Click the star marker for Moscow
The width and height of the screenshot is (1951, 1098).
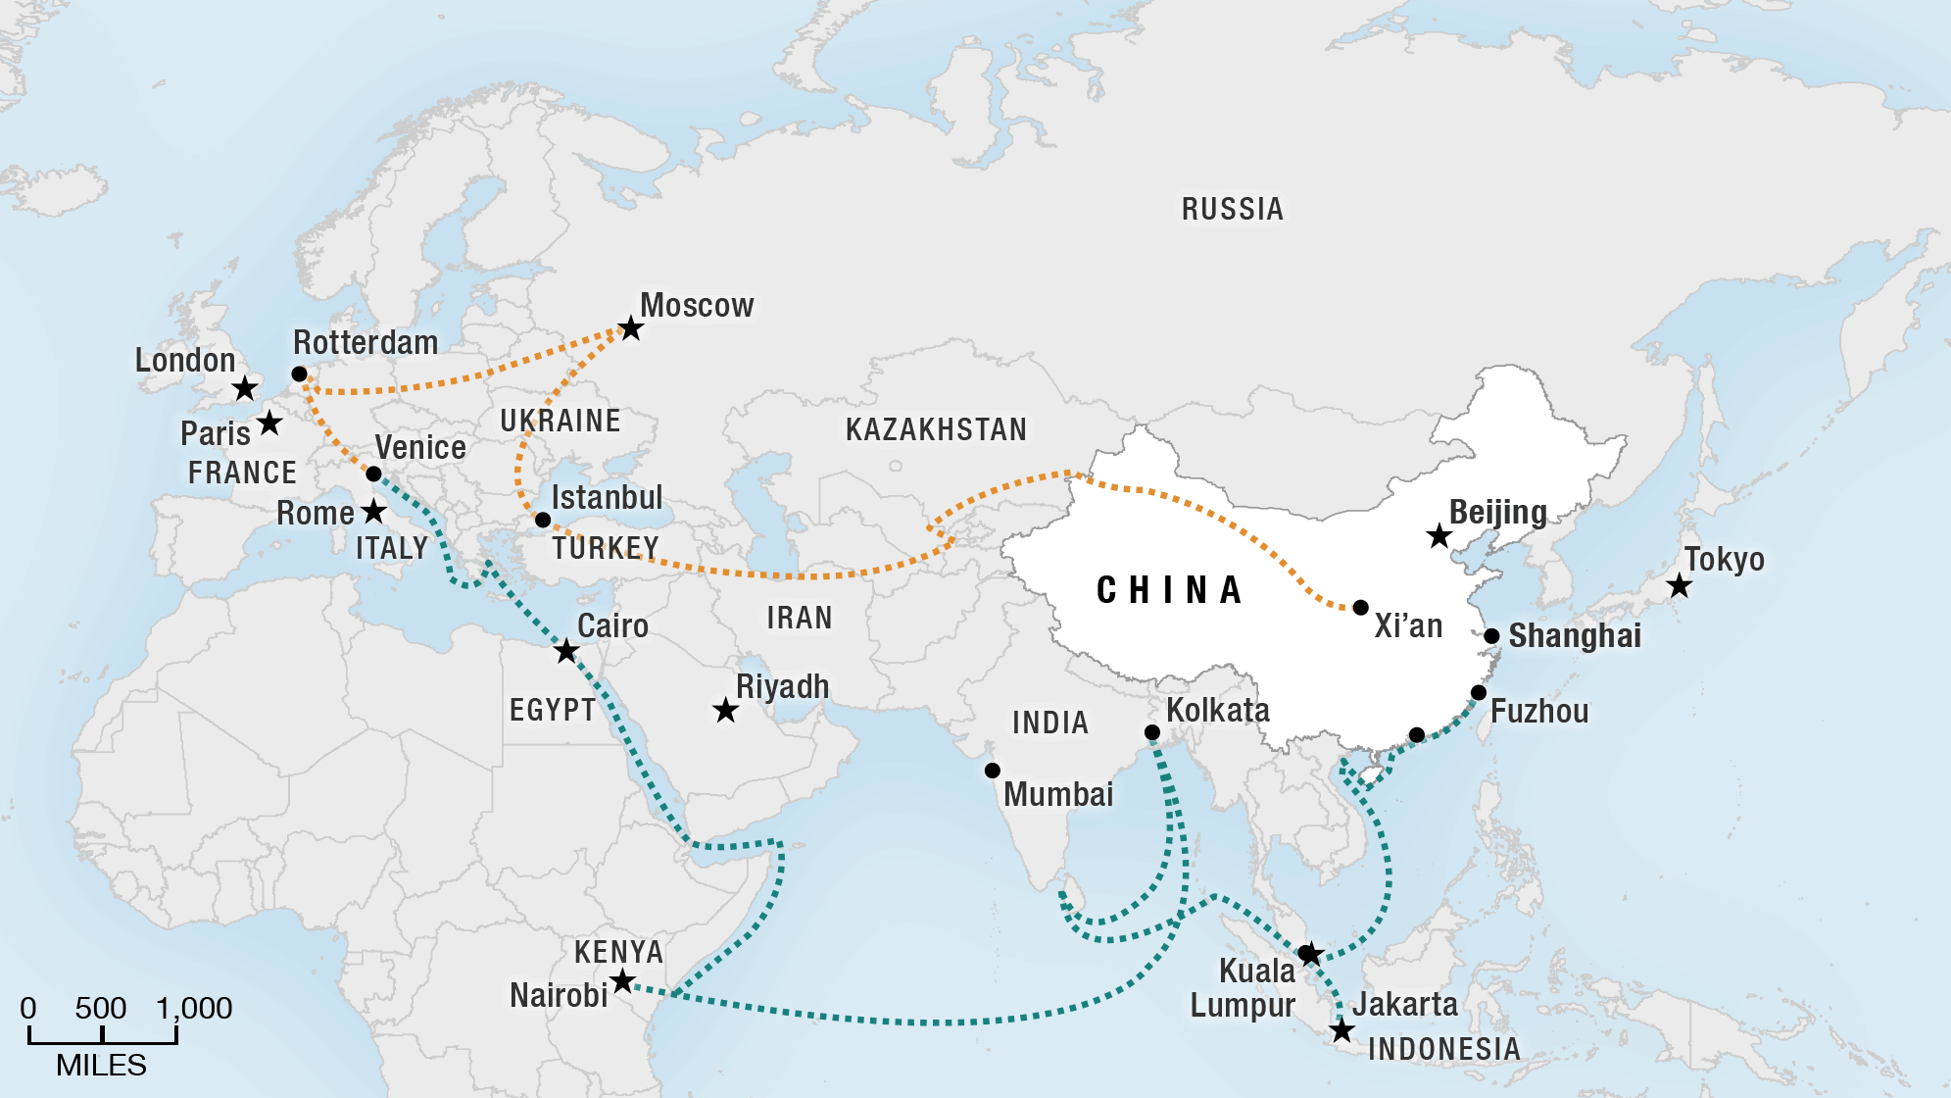click(x=631, y=328)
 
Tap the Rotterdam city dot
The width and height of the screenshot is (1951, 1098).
click(x=300, y=374)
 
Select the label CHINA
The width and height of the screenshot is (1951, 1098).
click(x=1169, y=590)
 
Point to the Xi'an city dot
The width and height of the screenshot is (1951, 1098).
click(x=1360, y=608)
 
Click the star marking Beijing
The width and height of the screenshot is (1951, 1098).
click(x=1439, y=536)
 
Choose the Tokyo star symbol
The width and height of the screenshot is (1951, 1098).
click(x=1679, y=586)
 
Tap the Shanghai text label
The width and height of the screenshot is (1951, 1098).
click(x=1574, y=636)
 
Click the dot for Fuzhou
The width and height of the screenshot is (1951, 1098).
click(x=1479, y=693)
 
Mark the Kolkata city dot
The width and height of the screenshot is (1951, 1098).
click(x=1152, y=732)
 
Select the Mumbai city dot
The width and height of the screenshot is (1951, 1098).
click(x=992, y=771)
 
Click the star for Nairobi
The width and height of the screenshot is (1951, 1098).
click(x=622, y=980)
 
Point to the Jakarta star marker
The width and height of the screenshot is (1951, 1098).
click(x=1341, y=1030)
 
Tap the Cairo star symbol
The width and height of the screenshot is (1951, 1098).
click(x=566, y=651)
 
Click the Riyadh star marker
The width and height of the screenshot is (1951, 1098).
click(x=725, y=710)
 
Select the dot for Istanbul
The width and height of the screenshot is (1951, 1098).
click(x=543, y=520)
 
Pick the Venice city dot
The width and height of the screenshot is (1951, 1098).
click(x=373, y=474)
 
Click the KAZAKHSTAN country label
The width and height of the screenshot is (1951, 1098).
click(x=936, y=429)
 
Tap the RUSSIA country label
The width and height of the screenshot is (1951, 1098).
click(x=1232, y=209)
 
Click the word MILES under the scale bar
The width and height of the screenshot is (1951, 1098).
click(x=101, y=1066)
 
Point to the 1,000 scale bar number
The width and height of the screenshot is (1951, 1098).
click(x=194, y=1008)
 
